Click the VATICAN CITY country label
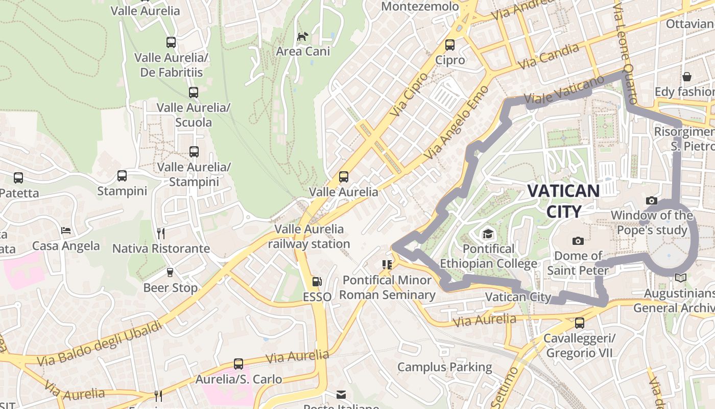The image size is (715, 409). (563, 201)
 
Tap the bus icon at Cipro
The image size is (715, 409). (450, 45)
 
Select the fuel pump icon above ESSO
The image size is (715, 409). (317, 281)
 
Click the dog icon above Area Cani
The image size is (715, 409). (303, 36)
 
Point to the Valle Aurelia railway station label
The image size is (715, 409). (309, 236)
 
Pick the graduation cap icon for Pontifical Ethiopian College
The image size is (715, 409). (488, 234)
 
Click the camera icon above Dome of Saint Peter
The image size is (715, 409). (578, 241)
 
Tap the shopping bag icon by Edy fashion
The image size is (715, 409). (687, 77)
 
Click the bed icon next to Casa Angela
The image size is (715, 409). (66, 231)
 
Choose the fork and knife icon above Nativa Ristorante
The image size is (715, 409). (161, 233)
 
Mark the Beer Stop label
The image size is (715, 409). (170, 288)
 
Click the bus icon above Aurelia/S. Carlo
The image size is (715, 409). (239, 364)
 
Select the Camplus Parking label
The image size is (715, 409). (444, 367)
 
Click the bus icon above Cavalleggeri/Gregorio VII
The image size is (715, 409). (579, 323)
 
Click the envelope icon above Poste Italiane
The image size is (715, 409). (341, 395)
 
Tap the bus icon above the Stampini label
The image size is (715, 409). (122, 176)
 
